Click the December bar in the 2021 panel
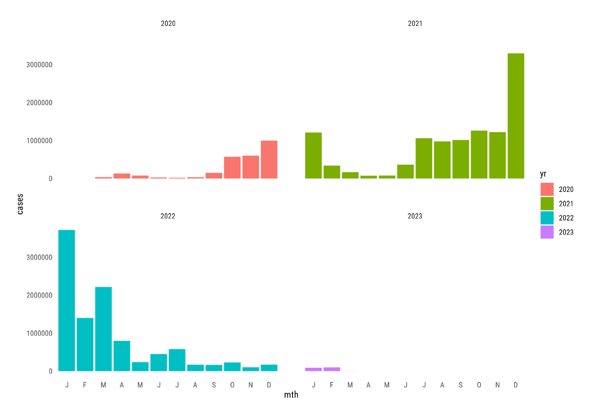[516, 116]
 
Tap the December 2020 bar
[269, 160]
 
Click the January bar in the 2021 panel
[313, 156]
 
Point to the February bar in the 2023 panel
[332, 369]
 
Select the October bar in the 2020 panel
[232, 168]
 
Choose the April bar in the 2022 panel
[122, 356]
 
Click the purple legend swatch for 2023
[547, 232]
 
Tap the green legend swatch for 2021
[547, 203]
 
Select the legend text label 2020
[566, 189]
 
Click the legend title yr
[543, 174]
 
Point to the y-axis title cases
[20, 204]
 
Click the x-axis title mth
[291, 395]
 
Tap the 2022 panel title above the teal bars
[168, 216]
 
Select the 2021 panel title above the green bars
[415, 24]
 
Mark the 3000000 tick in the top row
[39, 65]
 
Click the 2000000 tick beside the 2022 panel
[39, 295]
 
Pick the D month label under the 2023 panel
[516, 385]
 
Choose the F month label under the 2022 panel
[85, 385]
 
